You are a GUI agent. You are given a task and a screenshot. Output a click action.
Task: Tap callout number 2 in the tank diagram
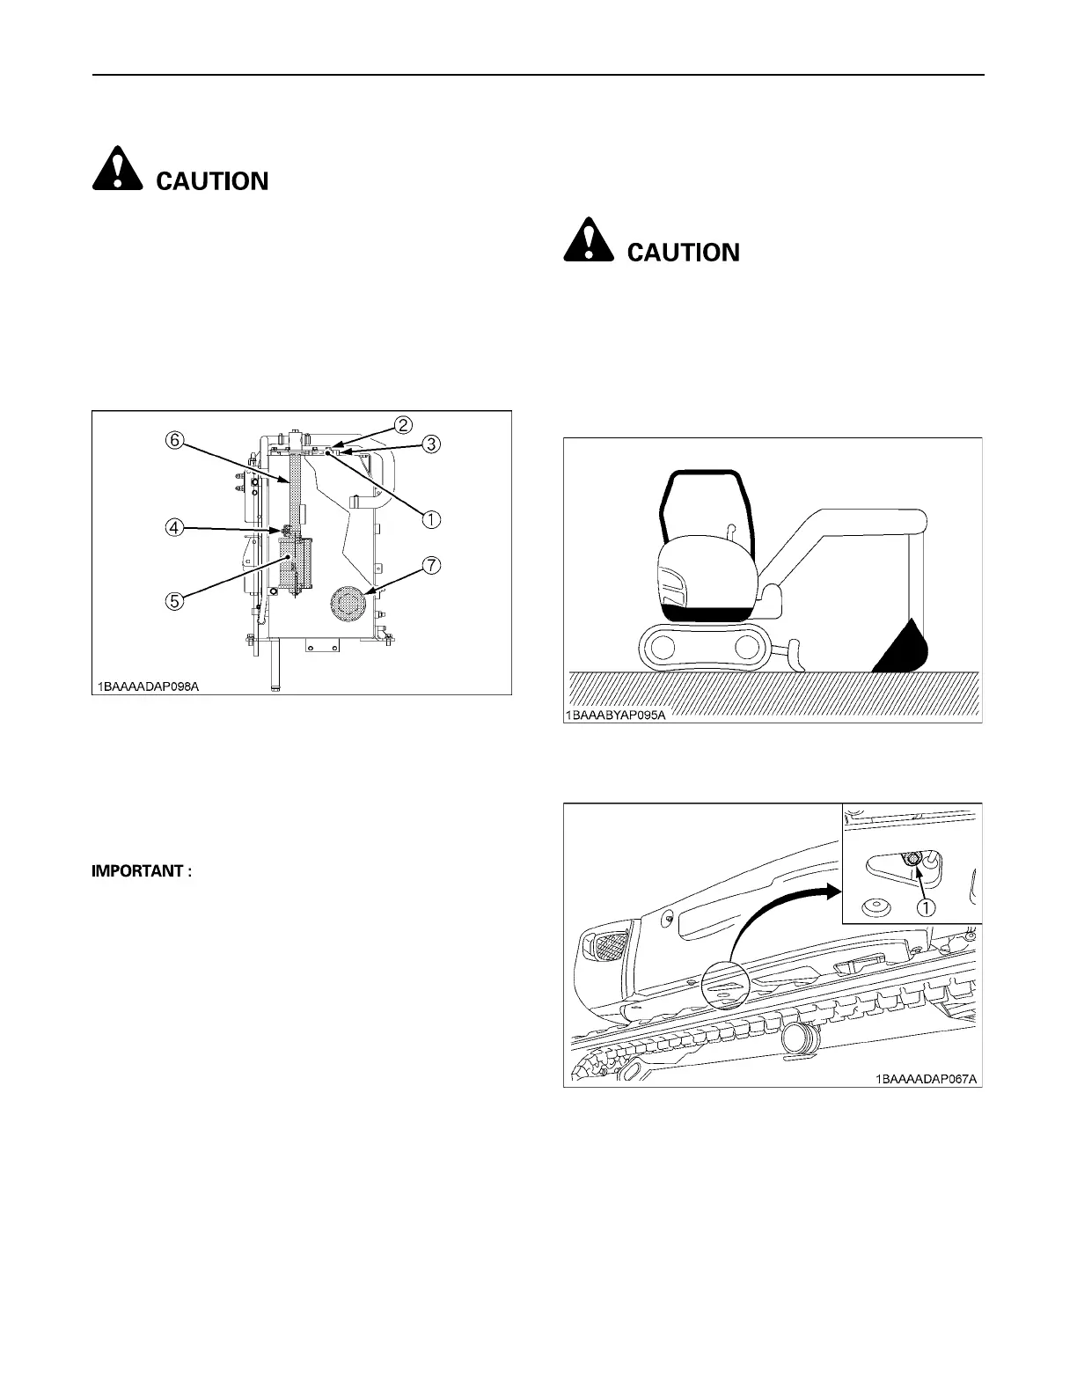(x=403, y=425)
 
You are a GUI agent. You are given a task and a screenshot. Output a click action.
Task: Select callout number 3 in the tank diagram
(x=431, y=444)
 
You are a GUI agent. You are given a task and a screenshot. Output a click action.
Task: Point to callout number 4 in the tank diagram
(x=175, y=528)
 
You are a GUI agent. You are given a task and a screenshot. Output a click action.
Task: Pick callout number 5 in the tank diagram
(x=175, y=601)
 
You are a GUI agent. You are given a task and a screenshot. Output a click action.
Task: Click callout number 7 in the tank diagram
(x=431, y=566)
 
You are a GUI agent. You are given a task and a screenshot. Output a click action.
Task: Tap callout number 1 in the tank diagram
(x=430, y=519)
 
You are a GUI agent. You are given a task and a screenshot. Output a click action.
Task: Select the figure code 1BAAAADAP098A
(x=149, y=686)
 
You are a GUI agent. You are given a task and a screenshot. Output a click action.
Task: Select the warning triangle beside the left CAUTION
(x=117, y=169)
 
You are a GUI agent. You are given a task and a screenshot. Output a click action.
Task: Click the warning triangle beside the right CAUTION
(x=589, y=240)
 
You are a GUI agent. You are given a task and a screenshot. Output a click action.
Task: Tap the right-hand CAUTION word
(x=683, y=253)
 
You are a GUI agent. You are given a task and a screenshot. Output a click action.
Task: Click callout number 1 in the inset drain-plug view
(x=927, y=906)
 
